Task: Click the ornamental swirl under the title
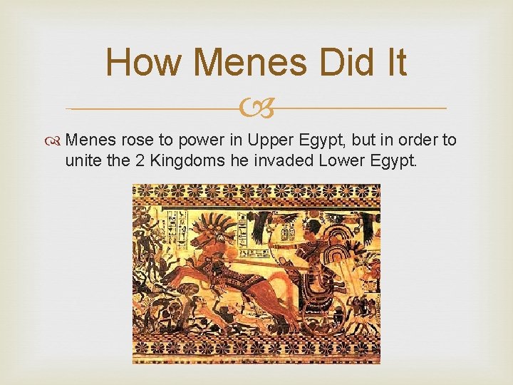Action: [x=256, y=108]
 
